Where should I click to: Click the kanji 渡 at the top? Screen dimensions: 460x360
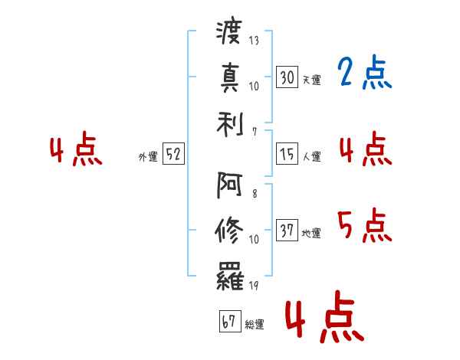click(229, 32)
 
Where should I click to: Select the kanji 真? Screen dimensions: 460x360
click(230, 77)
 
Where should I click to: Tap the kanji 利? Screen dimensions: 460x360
click(230, 125)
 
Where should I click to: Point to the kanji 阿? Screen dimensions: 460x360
click(229, 185)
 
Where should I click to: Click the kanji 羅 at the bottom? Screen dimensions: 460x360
click(230, 276)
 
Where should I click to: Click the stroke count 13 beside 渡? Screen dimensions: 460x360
click(254, 40)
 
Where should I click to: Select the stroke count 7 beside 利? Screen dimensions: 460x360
click(255, 132)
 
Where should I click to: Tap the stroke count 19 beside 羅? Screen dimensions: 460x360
click(254, 285)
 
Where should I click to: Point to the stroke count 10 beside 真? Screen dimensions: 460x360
click(254, 87)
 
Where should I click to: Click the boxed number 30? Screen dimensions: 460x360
click(287, 77)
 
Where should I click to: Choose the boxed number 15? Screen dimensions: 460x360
click(287, 153)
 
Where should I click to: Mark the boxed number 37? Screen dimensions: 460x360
click(287, 230)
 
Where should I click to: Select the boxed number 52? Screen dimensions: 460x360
click(173, 153)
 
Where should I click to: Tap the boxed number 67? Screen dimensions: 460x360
click(230, 321)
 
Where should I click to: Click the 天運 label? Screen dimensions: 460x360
click(312, 80)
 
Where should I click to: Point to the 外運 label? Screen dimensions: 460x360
click(148, 157)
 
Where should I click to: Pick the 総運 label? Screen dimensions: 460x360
click(255, 325)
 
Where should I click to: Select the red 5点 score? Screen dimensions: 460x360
click(365, 225)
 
